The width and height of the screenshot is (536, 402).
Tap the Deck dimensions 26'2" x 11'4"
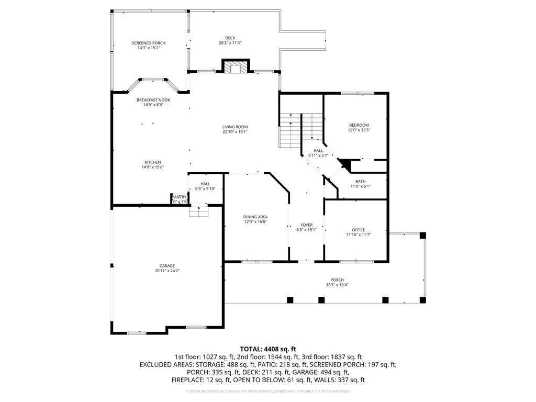coord(230,43)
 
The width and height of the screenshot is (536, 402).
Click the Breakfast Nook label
coord(153,99)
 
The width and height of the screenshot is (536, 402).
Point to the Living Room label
coord(234,127)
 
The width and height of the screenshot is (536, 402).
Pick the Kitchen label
coord(153,162)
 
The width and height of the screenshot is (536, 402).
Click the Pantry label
coord(179,197)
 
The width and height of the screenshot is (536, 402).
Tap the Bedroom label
coord(359,125)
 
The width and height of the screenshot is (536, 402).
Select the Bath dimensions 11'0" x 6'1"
coord(360,186)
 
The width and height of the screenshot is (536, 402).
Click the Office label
coord(359,230)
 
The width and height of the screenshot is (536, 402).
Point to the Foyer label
coord(306,225)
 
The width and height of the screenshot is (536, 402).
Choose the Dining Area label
coord(255,217)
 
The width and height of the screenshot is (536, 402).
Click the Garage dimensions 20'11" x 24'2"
coord(167,271)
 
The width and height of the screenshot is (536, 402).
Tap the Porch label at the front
coord(337,280)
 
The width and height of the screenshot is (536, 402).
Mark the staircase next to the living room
coord(289,131)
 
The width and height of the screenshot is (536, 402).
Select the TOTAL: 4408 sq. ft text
coord(268,349)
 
